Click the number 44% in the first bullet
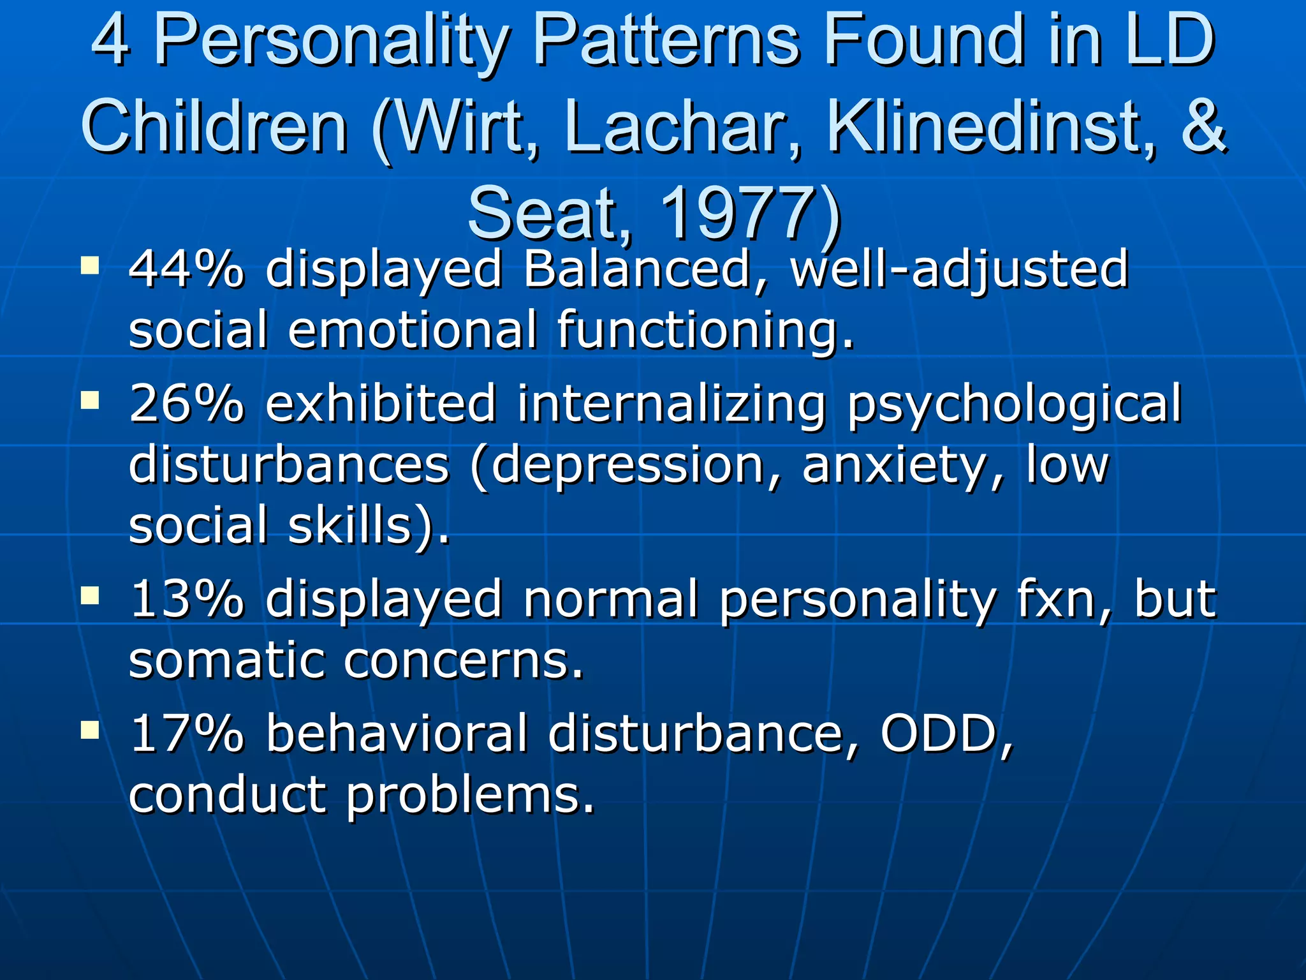(186, 269)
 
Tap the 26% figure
(186, 403)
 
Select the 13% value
(186, 600)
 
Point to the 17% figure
(186, 734)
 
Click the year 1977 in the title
(740, 214)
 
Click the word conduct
(227, 795)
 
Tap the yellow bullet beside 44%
(90, 264)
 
